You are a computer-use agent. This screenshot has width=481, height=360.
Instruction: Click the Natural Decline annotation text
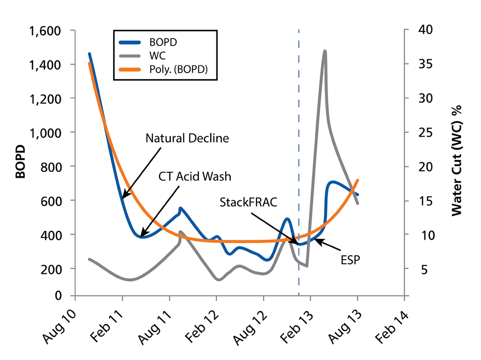click(x=187, y=139)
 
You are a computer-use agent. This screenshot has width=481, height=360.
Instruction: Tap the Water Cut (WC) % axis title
click(x=456, y=160)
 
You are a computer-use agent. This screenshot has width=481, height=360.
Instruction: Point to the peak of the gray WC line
click(x=324, y=51)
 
